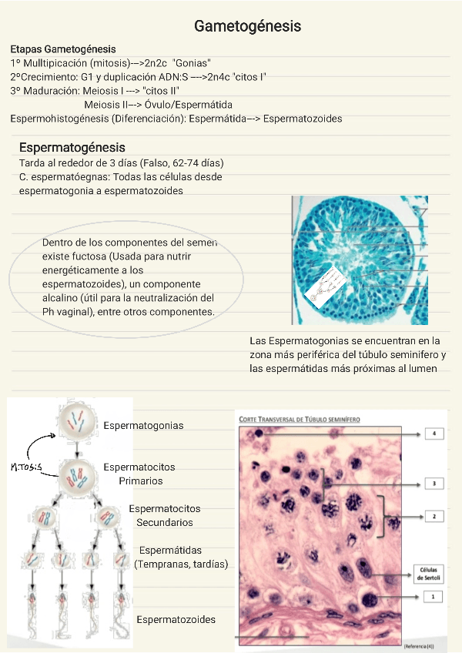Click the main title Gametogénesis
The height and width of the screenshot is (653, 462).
tap(247, 27)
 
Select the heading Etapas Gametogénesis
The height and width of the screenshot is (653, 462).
tap(63, 49)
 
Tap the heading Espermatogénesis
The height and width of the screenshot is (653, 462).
tap(72, 147)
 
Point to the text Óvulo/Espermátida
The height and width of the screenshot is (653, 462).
tap(189, 105)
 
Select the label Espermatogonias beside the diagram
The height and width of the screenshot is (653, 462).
tap(143, 425)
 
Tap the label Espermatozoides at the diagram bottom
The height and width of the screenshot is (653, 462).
tap(176, 619)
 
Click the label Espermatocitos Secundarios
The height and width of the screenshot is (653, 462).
tap(165, 515)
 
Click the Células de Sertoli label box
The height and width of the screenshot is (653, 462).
tap(427, 573)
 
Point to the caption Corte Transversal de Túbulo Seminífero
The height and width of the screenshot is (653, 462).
tap(306, 418)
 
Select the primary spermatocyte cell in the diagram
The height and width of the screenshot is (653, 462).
tap(78, 475)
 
